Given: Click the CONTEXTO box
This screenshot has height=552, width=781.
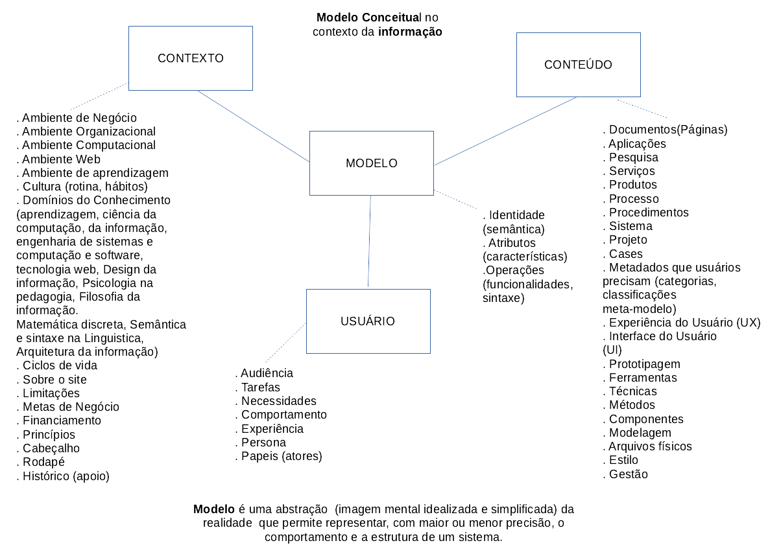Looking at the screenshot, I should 190,58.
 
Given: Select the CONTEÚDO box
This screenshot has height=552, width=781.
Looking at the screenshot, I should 578,65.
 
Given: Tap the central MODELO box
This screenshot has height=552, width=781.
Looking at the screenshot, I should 371,163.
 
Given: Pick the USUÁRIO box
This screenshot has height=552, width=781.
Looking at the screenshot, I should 368,321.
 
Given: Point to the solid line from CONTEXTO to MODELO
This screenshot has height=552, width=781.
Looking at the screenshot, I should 253,126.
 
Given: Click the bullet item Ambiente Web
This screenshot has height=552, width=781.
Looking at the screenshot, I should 59,159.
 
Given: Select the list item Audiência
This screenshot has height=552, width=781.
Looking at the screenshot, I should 265,373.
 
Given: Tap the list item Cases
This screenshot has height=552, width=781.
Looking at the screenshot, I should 624,254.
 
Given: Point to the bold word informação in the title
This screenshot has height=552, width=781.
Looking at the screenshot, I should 410,31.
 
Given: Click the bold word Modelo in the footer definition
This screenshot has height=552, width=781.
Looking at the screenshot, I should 213,509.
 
